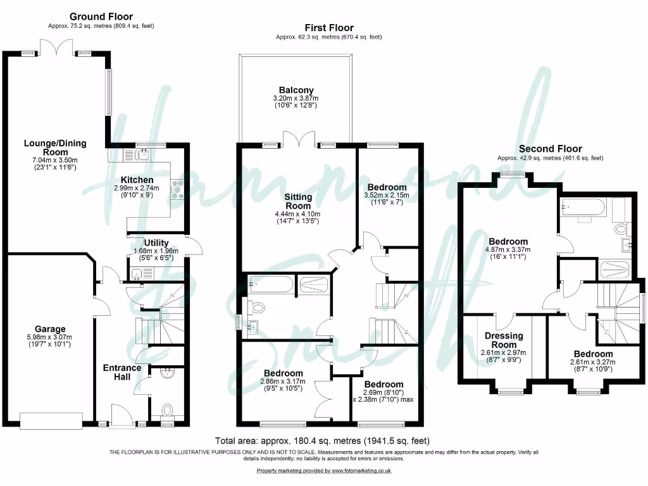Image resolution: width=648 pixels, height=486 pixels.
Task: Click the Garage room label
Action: tap(50, 329)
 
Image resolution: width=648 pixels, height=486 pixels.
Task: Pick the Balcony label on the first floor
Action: tap(296, 90)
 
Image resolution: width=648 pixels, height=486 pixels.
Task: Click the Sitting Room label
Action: tap(298, 202)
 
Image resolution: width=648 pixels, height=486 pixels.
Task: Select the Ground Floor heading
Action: tap(101, 16)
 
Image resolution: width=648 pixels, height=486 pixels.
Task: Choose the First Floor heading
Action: tap(328, 28)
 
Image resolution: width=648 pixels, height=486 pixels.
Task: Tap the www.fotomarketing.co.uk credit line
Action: tap(324, 471)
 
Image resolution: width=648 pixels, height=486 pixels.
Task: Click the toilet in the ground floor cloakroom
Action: tap(168, 411)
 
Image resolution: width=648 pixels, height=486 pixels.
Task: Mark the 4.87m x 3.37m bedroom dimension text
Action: tap(508, 249)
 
